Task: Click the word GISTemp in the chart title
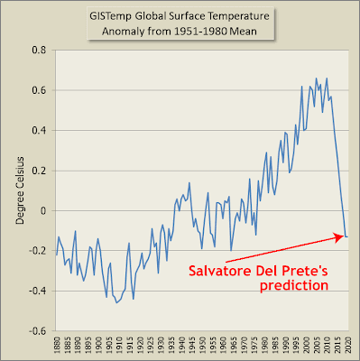[110, 16]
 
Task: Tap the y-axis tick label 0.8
[39, 50]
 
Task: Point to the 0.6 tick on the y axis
[39, 90]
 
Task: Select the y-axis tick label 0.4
[39, 130]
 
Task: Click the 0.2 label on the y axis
[39, 171]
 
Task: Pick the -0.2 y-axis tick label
[37, 251]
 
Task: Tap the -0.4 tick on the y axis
[37, 291]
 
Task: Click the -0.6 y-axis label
[37, 331]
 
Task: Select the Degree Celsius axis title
[20, 190]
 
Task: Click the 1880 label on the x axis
[57, 343]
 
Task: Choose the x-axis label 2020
[348, 343]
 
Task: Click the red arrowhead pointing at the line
[340, 237]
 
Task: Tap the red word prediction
[294, 285]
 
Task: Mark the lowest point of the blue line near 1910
[116, 302]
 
